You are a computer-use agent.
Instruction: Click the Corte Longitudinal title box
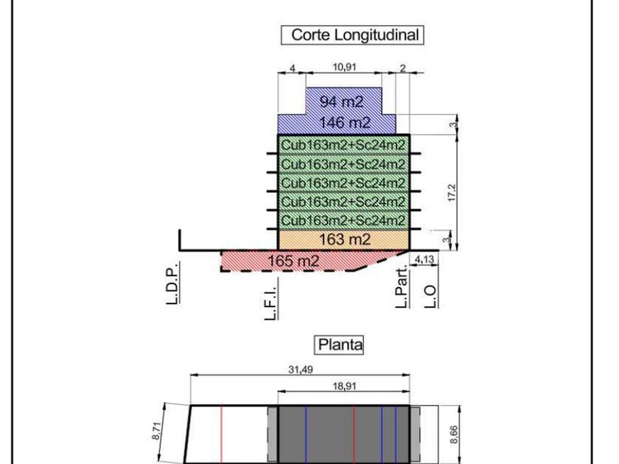click(x=352, y=35)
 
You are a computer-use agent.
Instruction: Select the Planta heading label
click(x=340, y=345)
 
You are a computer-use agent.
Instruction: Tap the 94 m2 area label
click(x=341, y=102)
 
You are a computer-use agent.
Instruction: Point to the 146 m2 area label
click(x=345, y=123)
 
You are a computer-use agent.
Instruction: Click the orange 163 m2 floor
click(x=344, y=239)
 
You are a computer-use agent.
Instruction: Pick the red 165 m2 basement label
click(x=293, y=261)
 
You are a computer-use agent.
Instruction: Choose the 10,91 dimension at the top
click(x=344, y=67)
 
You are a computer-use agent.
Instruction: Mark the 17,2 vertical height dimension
click(x=452, y=193)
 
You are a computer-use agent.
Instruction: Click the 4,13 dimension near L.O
click(x=424, y=259)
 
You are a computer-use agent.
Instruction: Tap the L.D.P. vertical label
click(x=172, y=283)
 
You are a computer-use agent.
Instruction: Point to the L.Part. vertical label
click(x=402, y=287)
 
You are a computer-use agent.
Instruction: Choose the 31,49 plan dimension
click(x=301, y=370)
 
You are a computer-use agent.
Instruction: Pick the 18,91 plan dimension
click(x=344, y=386)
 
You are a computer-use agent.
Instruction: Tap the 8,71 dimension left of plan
click(x=156, y=431)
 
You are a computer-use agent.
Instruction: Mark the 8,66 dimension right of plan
click(x=454, y=435)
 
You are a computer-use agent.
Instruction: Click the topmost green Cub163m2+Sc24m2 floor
click(x=343, y=144)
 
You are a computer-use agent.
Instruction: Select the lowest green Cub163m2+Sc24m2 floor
click(x=343, y=219)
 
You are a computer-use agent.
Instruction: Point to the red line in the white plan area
click(x=222, y=435)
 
